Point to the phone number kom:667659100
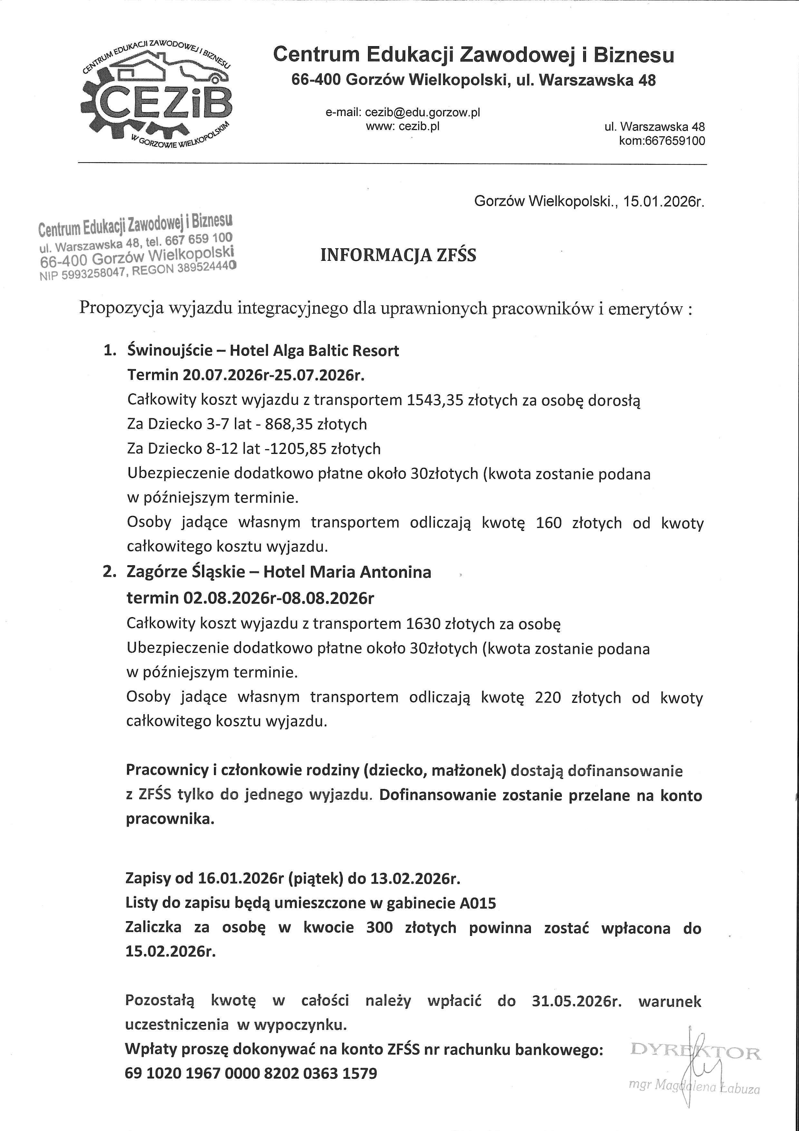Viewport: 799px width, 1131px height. (x=662, y=141)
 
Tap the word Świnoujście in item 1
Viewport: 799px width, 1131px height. (x=170, y=351)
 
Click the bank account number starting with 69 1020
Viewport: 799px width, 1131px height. (x=251, y=1073)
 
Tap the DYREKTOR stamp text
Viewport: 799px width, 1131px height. (x=695, y=1054)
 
